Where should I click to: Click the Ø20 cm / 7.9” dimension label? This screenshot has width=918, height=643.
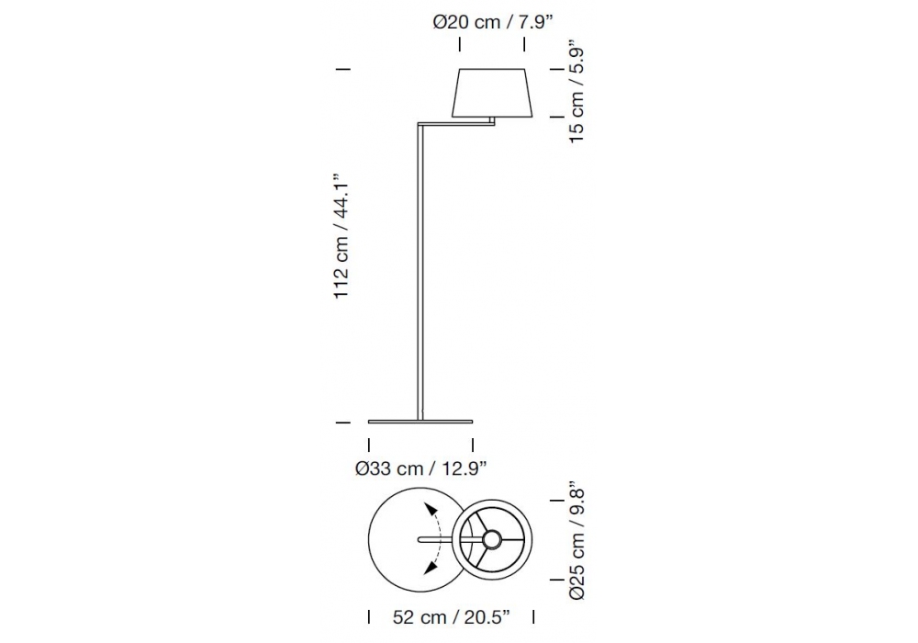click(493, 22)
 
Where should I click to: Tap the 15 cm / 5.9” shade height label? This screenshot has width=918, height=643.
click(577, 91)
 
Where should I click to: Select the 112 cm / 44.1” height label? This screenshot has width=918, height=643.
click(341, 236)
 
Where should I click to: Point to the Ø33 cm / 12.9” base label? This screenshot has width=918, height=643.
click(421, 468)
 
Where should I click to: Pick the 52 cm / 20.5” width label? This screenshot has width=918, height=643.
click(452, 617)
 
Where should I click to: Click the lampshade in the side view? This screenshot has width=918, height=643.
click(492, 93)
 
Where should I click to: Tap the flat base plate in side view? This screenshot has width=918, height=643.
click(420, 421)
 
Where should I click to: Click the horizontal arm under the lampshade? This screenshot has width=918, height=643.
click(456, 123)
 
